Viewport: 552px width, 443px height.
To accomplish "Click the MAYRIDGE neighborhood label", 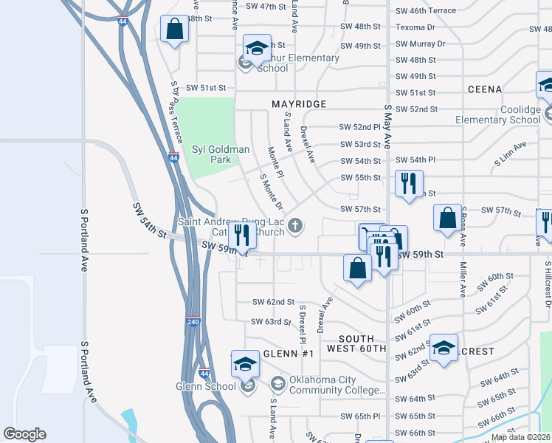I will coord(299,104).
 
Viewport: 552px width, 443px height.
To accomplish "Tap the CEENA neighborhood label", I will coord(485,89).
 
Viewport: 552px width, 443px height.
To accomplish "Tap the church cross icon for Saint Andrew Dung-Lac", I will coord(295,226).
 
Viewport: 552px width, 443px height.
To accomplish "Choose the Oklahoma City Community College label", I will coord(337,385).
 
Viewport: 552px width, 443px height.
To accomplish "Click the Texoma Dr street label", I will coord(415,27).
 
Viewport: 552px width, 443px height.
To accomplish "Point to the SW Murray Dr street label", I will coord(420,44).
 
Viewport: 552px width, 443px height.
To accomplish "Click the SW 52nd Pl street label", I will coord(359,127).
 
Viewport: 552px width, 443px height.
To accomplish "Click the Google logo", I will coord(25,434).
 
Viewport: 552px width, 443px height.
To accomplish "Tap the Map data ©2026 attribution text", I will coord(520,437).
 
